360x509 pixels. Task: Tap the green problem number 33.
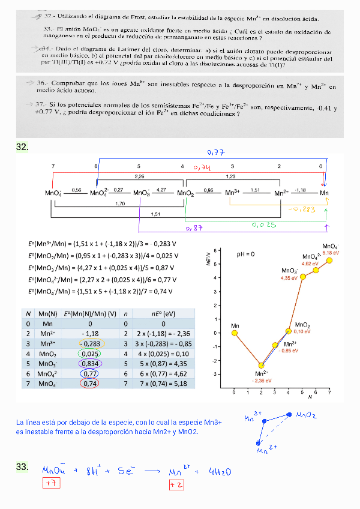coord(23,467)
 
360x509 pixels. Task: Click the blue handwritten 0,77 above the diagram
coord(215,152)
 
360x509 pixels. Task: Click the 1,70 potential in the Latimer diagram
coord(119,203)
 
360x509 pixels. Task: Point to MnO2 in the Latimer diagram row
coord(185,193)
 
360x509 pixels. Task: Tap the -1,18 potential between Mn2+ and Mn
coord(300,190)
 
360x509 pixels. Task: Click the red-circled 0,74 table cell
coord(89,384)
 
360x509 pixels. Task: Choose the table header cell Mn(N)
coord(47,313)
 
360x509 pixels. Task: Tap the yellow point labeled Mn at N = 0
coord(235,333)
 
